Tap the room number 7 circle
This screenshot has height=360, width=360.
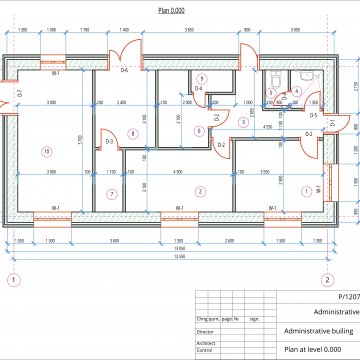tap(112, 193)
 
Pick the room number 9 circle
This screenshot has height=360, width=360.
tap(201, 78)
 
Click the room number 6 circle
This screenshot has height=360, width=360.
tap(199, 130)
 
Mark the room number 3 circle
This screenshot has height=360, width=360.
tap(243, 121)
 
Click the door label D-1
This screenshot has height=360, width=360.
tap(333, 123)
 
